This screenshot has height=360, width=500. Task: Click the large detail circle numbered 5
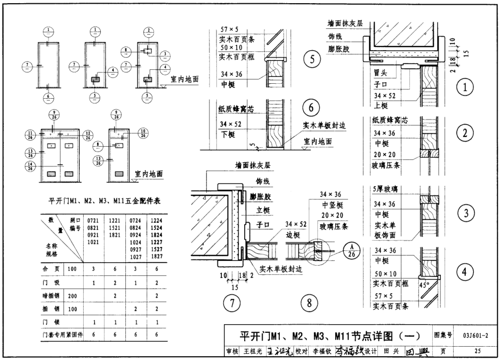[312, 59]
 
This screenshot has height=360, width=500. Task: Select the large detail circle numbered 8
[309, 303]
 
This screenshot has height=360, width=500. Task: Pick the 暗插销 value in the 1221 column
[115, 295]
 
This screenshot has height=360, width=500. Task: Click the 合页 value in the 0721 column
[94, 269]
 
